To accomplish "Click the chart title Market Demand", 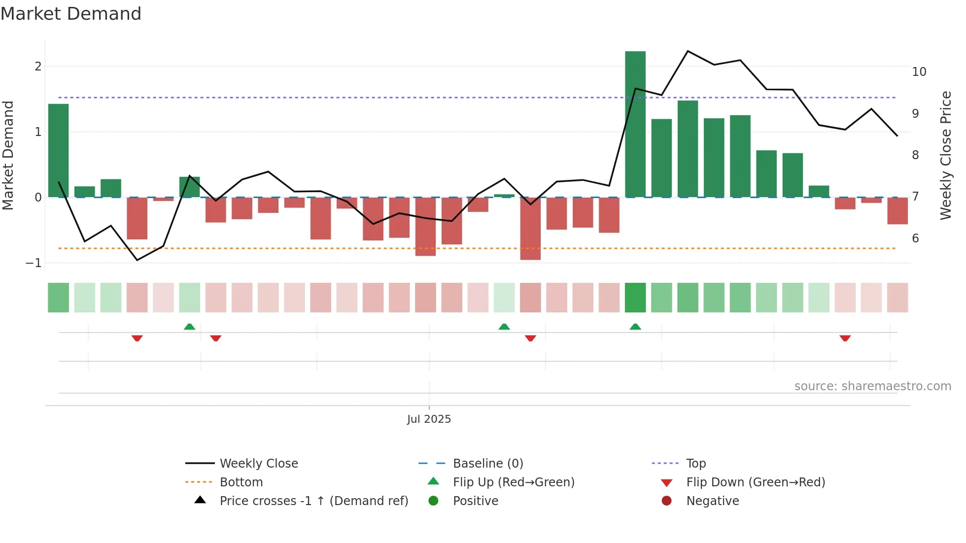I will (71, 14).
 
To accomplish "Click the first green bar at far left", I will (58, 150).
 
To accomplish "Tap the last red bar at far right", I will (897, 211).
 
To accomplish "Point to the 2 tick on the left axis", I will (38, 67).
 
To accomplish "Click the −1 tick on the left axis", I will (34, 263).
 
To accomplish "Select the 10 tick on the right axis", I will (919, 72).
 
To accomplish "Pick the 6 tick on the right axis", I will (915, 238).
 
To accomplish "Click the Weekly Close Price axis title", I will (945, 155).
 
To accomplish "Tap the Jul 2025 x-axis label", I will (429, 419).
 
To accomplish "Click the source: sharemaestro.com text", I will (872, 386).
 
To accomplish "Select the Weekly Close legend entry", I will (258, 464).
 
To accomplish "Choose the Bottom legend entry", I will (241, 482).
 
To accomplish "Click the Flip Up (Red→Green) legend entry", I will (513, 482).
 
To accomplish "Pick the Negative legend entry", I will (712, 501).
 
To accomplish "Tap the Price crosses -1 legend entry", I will (313, 501).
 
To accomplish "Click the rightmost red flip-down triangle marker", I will (845, 338).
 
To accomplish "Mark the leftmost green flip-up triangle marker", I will (189, 327).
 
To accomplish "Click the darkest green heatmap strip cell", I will (635, 298).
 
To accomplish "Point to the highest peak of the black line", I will (688, 51).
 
